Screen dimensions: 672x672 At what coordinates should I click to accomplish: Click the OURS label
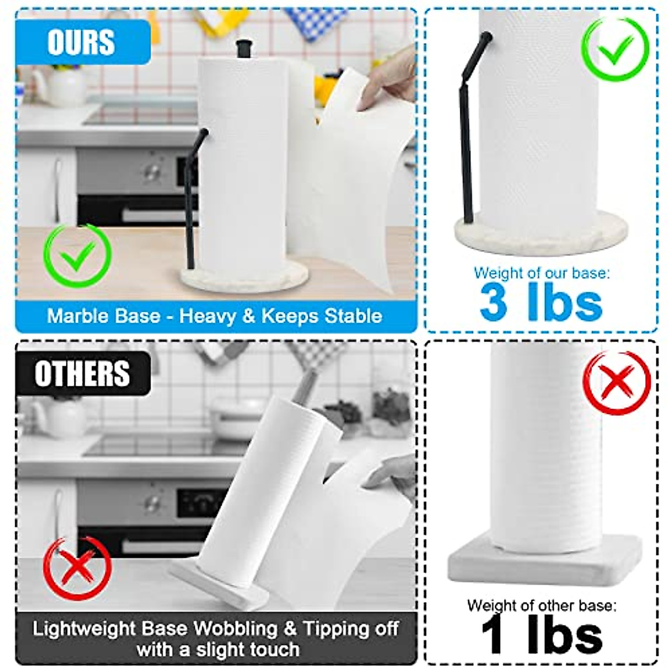[81, 43]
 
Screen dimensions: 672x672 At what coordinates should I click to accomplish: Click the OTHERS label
[82, 374]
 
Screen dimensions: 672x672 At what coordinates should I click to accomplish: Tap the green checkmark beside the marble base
[77, 256]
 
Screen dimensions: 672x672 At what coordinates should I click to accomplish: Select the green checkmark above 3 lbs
[615, 49]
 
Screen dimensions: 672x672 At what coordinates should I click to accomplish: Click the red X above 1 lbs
[616, 382]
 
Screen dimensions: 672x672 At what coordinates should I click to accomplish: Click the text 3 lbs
[541, 302]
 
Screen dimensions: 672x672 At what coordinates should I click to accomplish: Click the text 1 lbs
[542, 635]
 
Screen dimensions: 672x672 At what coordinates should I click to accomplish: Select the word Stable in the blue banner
[353, 316]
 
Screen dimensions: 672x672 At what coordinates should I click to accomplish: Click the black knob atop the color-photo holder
[243, 48]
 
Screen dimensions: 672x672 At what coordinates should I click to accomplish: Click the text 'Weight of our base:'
[542, 273]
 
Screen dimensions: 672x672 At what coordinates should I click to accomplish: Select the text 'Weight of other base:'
[542, 605]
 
